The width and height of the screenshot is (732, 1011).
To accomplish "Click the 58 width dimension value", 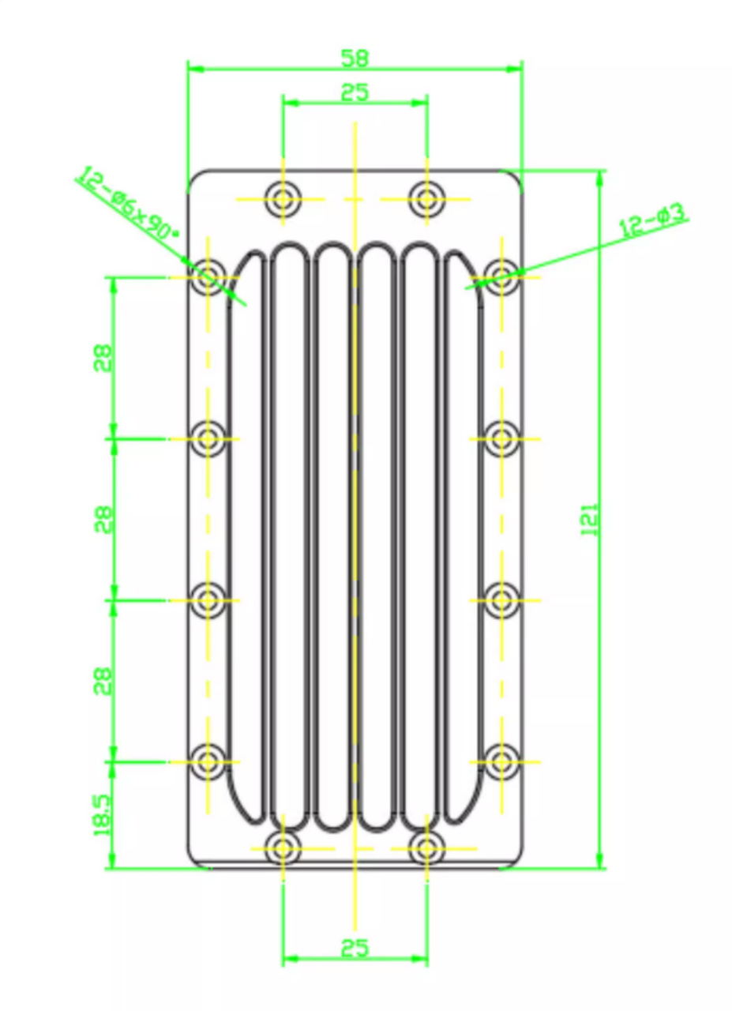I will [x=355, y=58].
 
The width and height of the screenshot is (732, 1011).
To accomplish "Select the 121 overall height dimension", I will [x=590, y=519].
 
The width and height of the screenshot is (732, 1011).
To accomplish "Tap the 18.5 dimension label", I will [x=103, y=814].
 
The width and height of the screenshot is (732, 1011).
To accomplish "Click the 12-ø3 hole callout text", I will [x=653, y=220].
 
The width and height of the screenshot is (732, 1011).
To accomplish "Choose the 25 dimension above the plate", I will [x=355, y=92].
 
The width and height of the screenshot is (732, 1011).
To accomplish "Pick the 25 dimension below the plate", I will [x=355, y=947].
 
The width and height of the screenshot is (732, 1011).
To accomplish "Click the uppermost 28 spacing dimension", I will [x=103, y=357].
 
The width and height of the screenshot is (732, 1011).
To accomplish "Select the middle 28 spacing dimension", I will [x=103, y=519].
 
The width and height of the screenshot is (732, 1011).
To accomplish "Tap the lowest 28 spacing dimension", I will [x=103, y=680].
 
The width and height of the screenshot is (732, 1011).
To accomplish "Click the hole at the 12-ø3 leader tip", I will [x=501, y=276].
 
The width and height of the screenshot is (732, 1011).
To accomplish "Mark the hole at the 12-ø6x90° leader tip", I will [x=208, y=276].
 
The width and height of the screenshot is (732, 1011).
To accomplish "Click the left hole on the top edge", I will [x=282, y=198].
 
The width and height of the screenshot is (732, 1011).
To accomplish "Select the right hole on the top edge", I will [x=427, y=198].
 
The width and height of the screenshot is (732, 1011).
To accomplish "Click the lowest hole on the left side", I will [x=208, y=761].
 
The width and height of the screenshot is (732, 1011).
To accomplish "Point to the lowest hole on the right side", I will [x=501, y=761].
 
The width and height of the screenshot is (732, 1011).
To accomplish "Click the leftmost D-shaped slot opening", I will [x=246, y=537].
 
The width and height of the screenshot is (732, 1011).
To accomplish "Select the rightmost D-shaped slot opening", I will [x=464, y=537].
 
